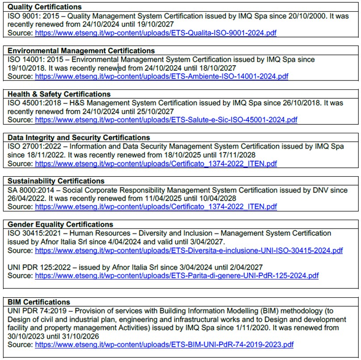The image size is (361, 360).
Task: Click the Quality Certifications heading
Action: pyautogui.click(x=45, y=7)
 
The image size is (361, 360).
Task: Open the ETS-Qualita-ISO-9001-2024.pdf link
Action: pyautogui.click(x=156, y=33)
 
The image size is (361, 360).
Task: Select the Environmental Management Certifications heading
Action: pyautogui.click(x=81, y=51)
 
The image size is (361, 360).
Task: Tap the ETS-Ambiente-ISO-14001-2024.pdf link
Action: pyautogui.click(x=161, y=76)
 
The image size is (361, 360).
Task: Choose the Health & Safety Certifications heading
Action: pyautogui.click(x=59, y=94)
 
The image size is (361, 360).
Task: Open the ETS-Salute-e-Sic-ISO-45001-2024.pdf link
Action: pyautogui.click(x=166, y=120)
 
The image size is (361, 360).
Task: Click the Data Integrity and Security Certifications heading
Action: pyautogui.click(x=79, y=137)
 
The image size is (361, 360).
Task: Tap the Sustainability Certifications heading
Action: pyautogui.click(x=56, y=181)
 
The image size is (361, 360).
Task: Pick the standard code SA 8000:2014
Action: pyautogui.click(x=31, y=190)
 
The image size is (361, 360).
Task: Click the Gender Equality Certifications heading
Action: pyautogui.click(x=60, y=224)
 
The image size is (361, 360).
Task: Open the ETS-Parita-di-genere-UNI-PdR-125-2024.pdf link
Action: pyautogui.click(x=177, y=275)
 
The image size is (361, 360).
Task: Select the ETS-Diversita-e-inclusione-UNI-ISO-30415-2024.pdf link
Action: pyautogui.click(x=189, y=250)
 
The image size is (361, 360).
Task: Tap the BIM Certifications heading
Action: pyautogui.click(x=39, y=302)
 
